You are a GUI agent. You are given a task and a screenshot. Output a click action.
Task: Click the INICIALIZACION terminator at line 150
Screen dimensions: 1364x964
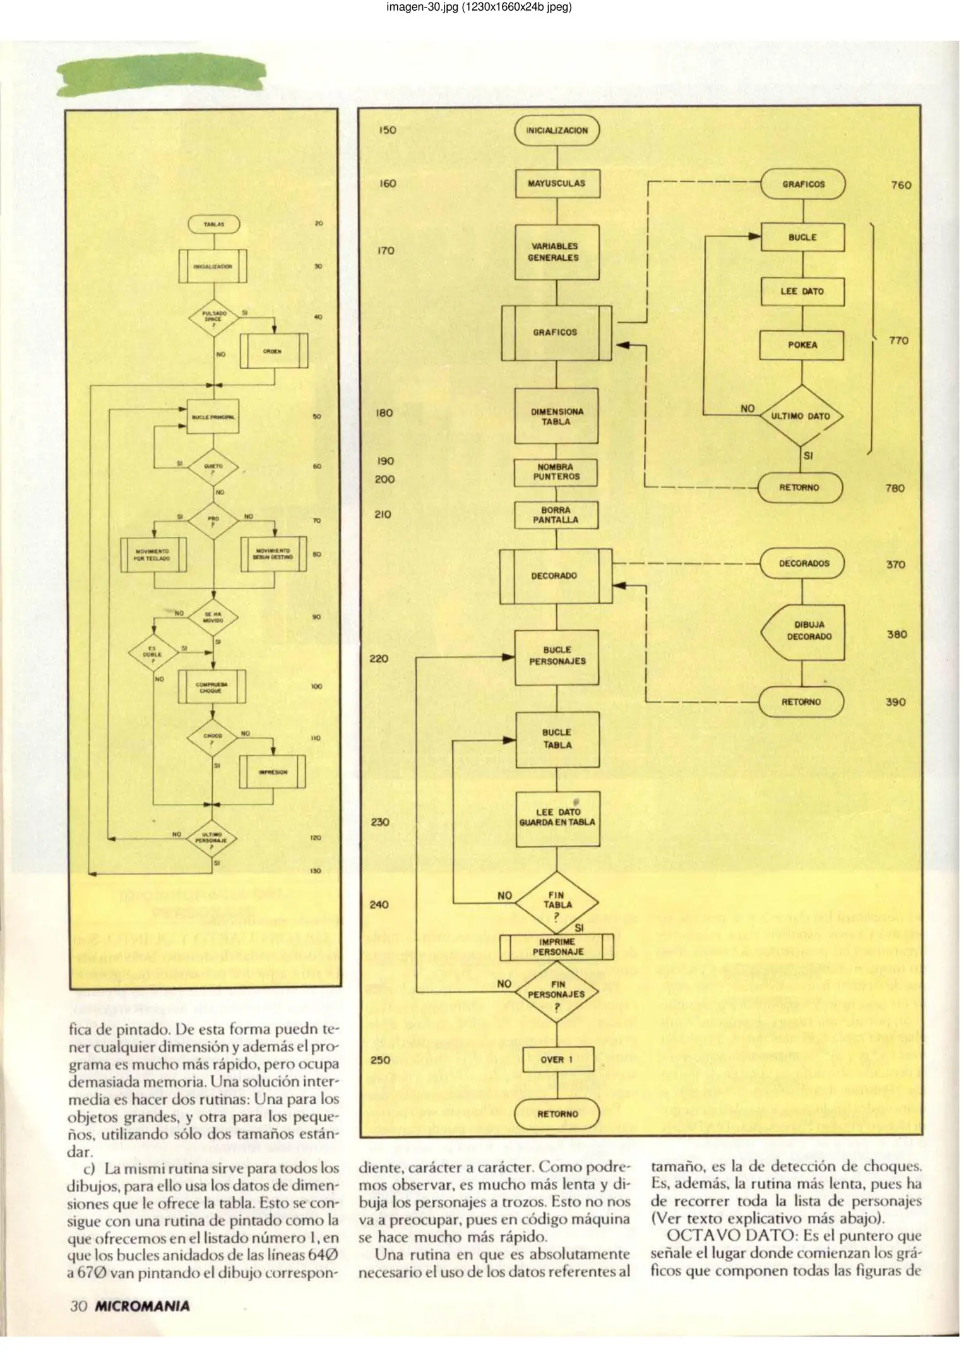pos(556,131)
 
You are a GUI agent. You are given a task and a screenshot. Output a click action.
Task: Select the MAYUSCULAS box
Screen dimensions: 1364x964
pos(556,184)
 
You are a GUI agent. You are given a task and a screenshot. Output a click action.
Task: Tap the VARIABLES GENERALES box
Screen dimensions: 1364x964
pos(556,252)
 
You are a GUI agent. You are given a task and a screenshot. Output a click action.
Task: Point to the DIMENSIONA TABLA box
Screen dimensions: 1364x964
pos(556,417)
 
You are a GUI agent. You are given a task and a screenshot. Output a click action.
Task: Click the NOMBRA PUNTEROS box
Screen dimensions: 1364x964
pos(556,472)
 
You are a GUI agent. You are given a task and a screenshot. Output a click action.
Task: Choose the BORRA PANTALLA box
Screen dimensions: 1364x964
pos(556,515)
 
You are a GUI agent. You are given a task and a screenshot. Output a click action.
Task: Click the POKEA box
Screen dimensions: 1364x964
pos(802,345)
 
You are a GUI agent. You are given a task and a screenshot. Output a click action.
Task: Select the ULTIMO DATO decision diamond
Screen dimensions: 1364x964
pos(801,416)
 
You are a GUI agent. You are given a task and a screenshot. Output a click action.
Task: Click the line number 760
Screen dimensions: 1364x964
pos(901,185)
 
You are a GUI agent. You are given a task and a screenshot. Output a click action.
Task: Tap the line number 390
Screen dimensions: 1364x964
pos(895,702)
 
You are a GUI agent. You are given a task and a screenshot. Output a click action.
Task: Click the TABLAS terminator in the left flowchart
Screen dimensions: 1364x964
pos(213,224)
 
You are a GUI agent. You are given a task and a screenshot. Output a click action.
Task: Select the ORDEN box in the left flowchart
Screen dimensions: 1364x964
pos(273,351)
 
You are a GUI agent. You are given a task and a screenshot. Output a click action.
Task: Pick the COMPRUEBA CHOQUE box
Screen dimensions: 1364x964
pos(211,688)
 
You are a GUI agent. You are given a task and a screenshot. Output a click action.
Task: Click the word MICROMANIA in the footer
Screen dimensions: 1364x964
pos(142,1306)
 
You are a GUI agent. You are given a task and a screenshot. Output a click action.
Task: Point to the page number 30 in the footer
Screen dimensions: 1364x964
pos(78,1306)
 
